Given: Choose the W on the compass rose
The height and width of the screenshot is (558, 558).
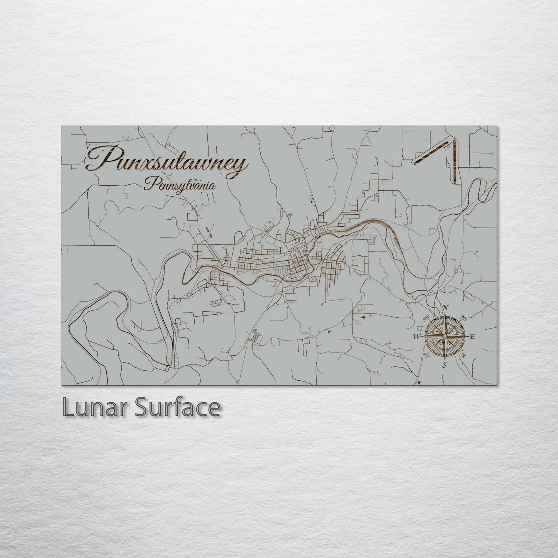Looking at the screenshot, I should click(x=417, y=336).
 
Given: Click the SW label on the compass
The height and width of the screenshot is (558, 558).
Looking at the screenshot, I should click(x=426, y=354).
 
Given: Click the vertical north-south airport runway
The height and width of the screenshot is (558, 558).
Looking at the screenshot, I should click(x=455, y=162).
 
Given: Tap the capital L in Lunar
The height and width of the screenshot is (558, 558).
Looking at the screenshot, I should click(x=68, y=407).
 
